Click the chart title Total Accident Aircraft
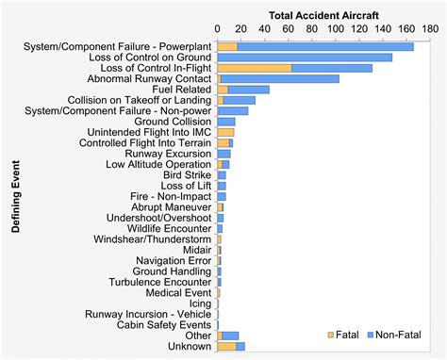[323, 15]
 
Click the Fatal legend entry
[341, 335]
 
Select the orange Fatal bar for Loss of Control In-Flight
[255, 68]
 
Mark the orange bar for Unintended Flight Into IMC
[225, 132]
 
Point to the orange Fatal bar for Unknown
[226, 346]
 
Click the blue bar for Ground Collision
[226, 122]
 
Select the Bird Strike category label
[187, 175]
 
